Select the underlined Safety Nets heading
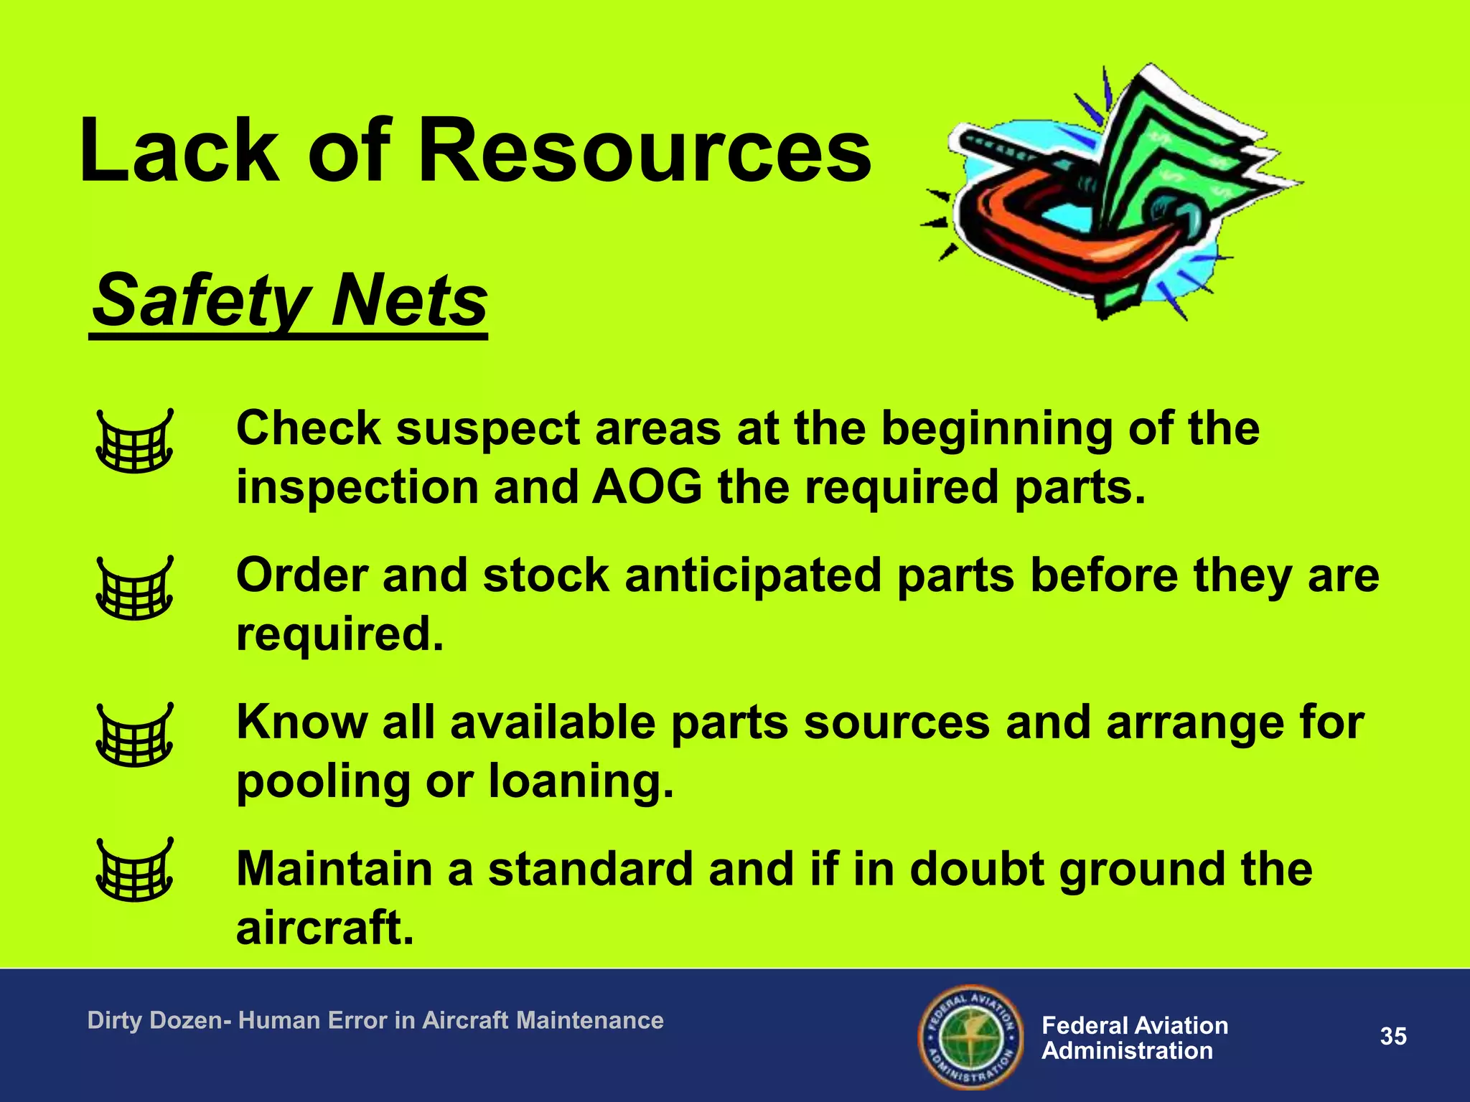(290, 301)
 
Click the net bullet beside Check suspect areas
(135, 441)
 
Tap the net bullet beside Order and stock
(135, 588)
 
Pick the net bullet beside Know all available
(135, 735)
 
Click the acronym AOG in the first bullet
(647, 487)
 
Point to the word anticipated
(753, 575)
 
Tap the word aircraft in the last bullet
(324, 928)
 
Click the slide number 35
(1393, 1037)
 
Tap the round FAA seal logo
(970, 1037)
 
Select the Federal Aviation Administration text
(1134, 1038)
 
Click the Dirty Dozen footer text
(375, 1020)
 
